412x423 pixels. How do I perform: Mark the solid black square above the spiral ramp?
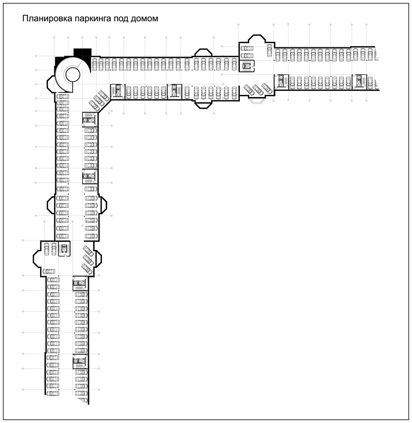pyautogui.click(x=82, y=53)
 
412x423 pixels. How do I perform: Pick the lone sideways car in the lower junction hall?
pyautogui.click(x=49, y=272)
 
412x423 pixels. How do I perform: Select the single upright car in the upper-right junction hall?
pyautogui.click(x=270, y=50)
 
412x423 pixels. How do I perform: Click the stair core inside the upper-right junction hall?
pyautogui.click(x=247, y=66)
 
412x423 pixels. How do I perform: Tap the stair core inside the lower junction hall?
pyautogui.click(x=64, y=249)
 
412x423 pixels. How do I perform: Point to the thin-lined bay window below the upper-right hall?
pyautogui.click(x=257, y=100)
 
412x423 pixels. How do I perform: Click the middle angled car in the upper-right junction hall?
pyautogui.click(x=258, y=90)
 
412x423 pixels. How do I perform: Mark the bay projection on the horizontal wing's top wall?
pyautogui.click(x=203, y=53)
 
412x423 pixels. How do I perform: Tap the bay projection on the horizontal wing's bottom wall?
pyautogui.click(x=203, y=104)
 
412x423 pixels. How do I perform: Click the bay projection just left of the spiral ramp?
pyautogui.click(x=51, y=84)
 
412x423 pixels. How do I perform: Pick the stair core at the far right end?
pyautogui.click(x=360, y=81)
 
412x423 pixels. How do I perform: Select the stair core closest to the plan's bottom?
pyautogui.click(x=80, y=361)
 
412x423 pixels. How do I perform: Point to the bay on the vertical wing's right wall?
pyautogui.click(x=103, y=205)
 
